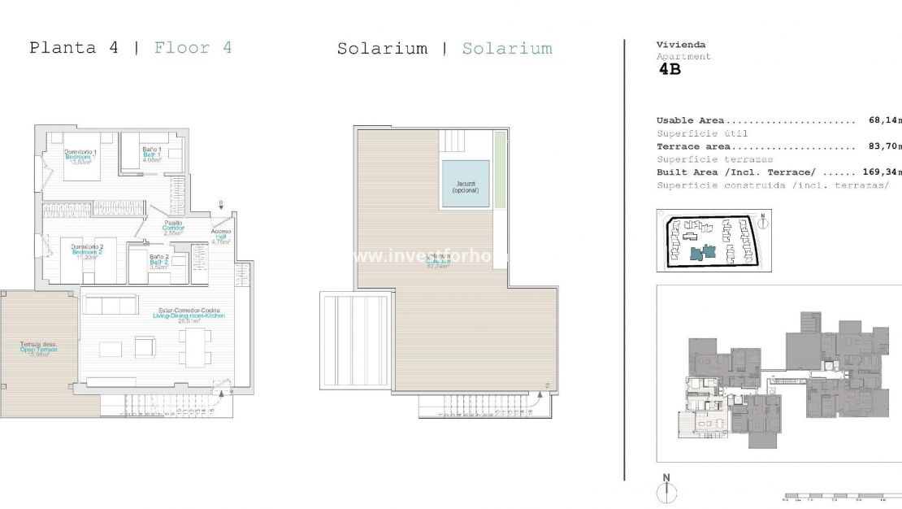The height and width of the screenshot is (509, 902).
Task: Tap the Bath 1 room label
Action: click(x=152, y=154)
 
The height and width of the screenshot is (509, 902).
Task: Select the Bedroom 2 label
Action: click(x=87, y=251)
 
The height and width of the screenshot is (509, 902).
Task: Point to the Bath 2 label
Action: click(x=159, y=261)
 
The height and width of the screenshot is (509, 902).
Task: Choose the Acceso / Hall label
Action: click(x=221, y=236)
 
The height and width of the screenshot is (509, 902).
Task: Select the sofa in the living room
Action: click(x=111, y=305)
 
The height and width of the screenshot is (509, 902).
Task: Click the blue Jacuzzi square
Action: click(x=466, y=184)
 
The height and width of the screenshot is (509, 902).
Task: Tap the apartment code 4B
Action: click(x=670, y=70)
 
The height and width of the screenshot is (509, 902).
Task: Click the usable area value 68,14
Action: click(x=884, y=120)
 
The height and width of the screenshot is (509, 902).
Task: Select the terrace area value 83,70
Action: click(x=884, y=147)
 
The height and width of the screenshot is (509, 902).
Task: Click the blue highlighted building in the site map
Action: click(x=701, y=252)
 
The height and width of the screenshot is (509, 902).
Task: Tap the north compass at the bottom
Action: click(x=666, y=489)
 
